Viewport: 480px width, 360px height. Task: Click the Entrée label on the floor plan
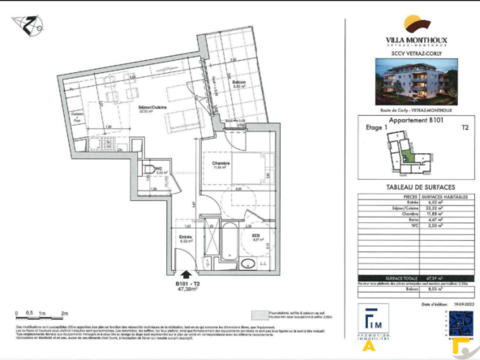tap(185, 237)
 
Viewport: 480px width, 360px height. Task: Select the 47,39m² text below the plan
tap(191, 289)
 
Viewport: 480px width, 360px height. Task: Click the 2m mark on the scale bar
tap(64, 312)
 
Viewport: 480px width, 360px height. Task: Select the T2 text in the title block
tap(465, 128)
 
